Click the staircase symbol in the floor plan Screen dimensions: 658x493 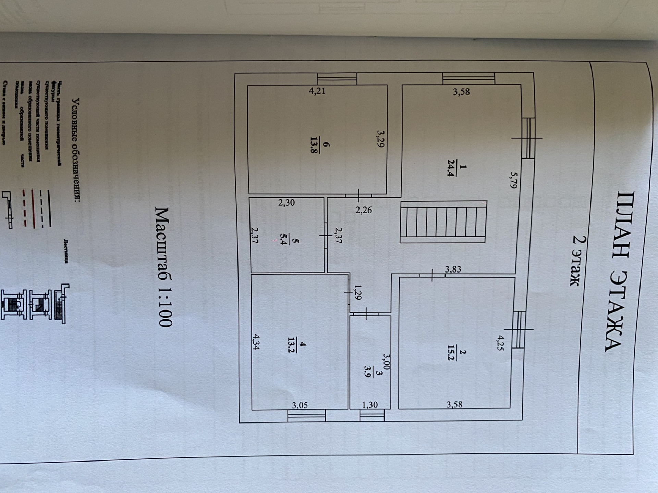tap(443, 222)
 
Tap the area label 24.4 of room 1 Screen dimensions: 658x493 tap(451, 168)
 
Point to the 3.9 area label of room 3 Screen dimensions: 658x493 tap(367, 371)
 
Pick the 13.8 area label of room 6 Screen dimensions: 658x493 tap(314, 145)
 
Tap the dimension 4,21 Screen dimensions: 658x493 tap(317, 91)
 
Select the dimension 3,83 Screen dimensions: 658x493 tap(453, 269)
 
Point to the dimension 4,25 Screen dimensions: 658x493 tap(501, 343)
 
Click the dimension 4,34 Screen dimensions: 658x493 tap(256, 342)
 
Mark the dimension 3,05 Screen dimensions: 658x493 tap(300, 405)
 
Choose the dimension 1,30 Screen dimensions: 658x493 tap(370, 405)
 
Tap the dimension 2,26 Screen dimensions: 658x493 tap(363, 210)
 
